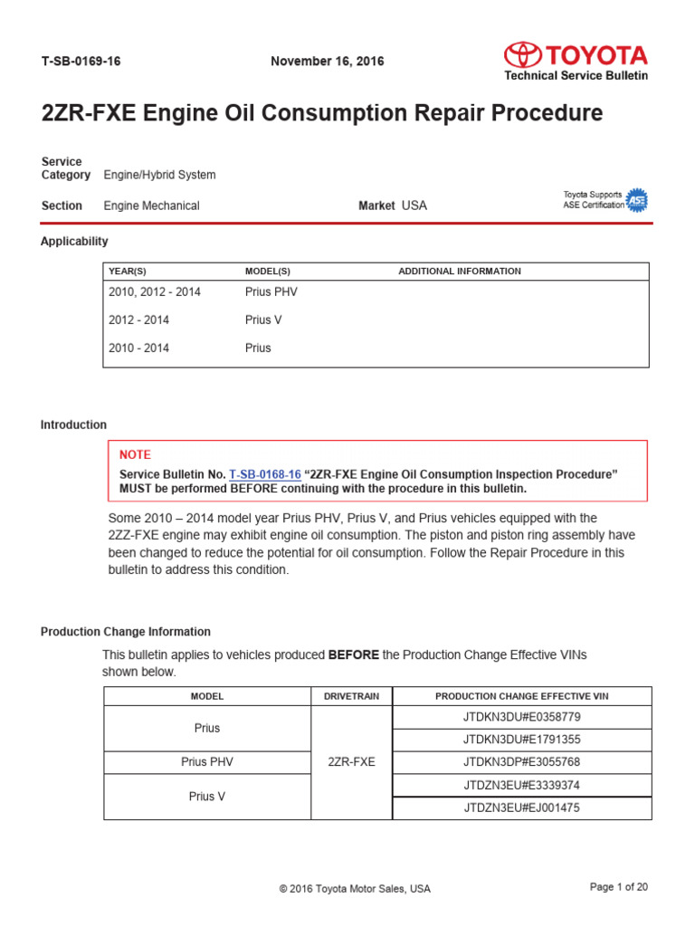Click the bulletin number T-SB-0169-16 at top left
pos(81,62)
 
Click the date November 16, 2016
pos(327,62)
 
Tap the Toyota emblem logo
pos(522,54)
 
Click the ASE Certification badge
pos(637,200)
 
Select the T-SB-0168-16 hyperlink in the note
pos(264,474)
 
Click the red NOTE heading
pos(135,454)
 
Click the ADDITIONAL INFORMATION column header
pos(459,272)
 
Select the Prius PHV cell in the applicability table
pos(271,292)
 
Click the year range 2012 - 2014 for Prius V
pos(138,320)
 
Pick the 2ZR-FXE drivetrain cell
pos(351,762)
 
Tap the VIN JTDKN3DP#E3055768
pos(521,762)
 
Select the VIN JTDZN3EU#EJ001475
pos(521,808)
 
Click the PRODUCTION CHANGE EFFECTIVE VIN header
pos(521,696)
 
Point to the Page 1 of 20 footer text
pos(618,887)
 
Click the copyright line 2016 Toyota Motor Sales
pos(355,889)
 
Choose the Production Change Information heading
pos(126,632)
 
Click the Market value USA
pos(414,205)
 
